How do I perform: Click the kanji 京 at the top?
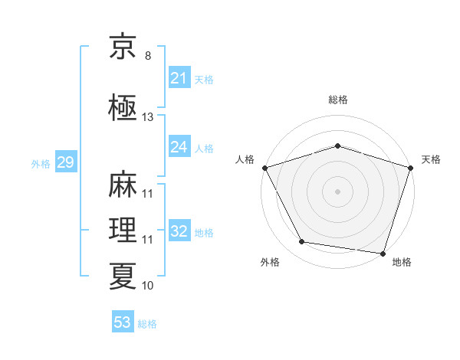pyautogui.click(x=123, y=46)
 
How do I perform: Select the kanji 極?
pyautogui.click(x=123, y=107)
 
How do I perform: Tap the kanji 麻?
pyautogui.click(x=123, y=184)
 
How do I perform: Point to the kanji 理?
pyautogui.click(x=123, y=230)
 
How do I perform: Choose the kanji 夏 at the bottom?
pyautogui.click(x=123, y=277)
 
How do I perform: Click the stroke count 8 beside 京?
pyautogui.click(x=148, y=56)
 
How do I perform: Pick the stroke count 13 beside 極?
pyautogui.click(x=147, y=117)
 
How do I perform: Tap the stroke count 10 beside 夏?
pyautogui.click(x=147, y=286)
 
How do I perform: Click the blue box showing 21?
pyautogui.click(x=179, y=77)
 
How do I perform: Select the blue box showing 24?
pyautogui.click(x=179, y=146)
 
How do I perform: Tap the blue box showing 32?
pyautogui.click(x=179, y=230)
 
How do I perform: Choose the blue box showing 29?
pyautogui.click(x=66, y=162)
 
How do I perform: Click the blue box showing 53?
pyautogui.click(x=123, y=321)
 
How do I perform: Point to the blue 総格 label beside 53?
pyautogui.click(x=147, y=324)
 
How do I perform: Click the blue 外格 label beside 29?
pyautogui.click(x=41, y=164)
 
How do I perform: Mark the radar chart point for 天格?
pyautogui.click(x=411, y=168)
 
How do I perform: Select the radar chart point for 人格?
pyautogui.click(x=265, y=168)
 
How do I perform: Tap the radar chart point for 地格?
pyautogui.click(x=383, y=254)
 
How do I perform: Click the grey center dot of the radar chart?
pyautogui.click(x=337, y=191)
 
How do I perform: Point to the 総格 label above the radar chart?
pyautogui.click(x=338, y=100)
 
